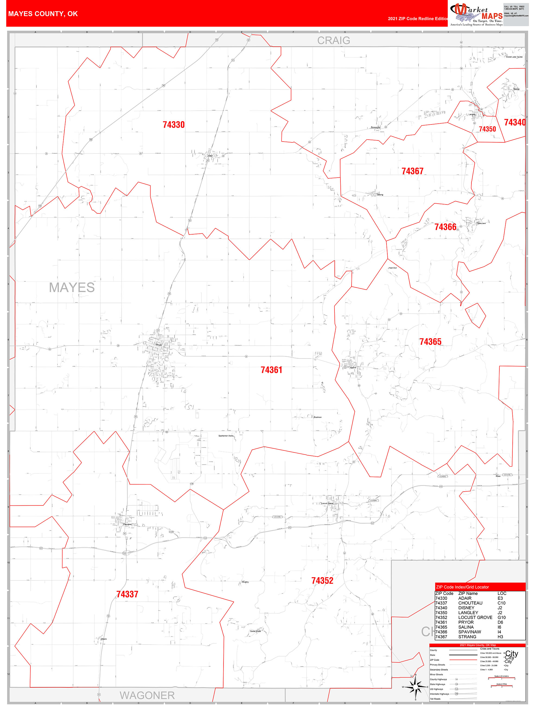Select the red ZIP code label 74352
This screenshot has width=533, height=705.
(x=322, y=580)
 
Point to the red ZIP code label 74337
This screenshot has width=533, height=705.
(x=127, y=594)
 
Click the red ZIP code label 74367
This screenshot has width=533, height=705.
(x=412, y=171)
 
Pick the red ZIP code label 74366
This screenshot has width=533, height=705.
(x=445, y=227)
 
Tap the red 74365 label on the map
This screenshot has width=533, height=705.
(x=430, y=342)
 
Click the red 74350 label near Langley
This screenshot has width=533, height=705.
(x=487, y=129)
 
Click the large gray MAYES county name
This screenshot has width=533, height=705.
(x=72, y=287)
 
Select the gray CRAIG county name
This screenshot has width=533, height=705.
(x=333, y=40)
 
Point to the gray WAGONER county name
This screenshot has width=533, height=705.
(x=147, y=695)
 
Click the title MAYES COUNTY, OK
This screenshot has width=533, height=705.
(x=43, y=14)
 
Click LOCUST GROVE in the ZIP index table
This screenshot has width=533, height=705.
(x=475, y=617)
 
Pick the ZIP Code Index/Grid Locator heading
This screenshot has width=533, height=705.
(x=462, y=587)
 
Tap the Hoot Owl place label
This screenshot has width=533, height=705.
(x=392, y=268)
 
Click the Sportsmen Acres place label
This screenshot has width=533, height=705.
(x=226, y=436)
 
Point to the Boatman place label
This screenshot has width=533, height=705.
(x=318, y=417)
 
